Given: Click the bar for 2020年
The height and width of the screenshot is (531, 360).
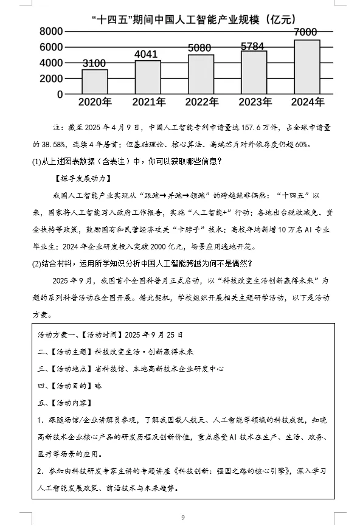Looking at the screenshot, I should click(94, 82).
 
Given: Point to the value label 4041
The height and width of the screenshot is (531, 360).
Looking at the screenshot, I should click(148, 55).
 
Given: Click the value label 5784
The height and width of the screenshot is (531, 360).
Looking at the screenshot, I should click(254, 46).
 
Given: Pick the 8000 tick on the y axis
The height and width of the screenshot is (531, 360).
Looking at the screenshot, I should click(52, 32).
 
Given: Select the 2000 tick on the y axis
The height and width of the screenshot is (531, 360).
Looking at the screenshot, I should click(52, 79).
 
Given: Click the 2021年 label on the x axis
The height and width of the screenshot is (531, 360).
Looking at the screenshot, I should click(148, 102).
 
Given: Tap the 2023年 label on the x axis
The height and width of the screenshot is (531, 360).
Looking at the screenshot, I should click(254, 102).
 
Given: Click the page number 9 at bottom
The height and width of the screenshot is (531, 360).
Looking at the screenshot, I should click(182, 518).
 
